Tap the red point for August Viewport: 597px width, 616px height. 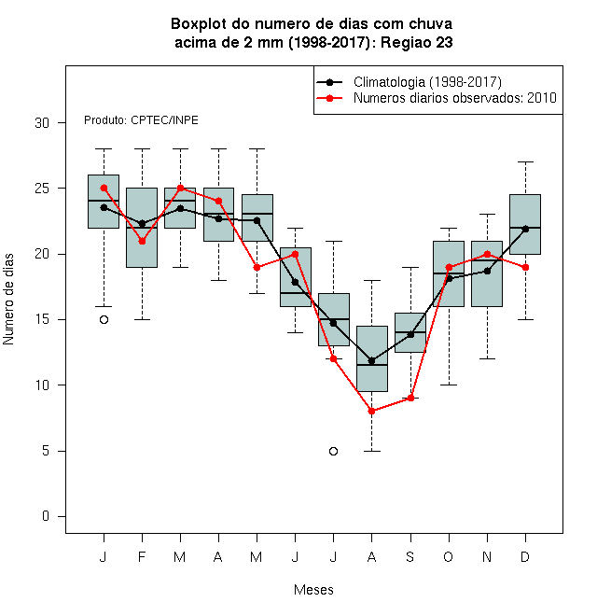[371, 412]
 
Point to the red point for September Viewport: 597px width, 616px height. [410, 398]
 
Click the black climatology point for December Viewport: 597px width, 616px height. [525, 229]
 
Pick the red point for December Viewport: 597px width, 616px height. [525, 268]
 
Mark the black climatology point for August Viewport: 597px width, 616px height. [371, 360]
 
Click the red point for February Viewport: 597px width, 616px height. [142, 241]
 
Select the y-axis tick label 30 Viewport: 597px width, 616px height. [42, 123]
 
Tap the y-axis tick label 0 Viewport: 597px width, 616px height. [46, 516]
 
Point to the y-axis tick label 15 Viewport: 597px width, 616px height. [42, 319]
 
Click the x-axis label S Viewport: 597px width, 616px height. [410, 556]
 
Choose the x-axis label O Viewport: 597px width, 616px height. [448, 556]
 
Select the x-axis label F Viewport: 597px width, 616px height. [142, 556]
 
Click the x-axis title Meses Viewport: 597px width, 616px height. [313, 590]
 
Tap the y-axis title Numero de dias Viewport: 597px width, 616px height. [8, 300]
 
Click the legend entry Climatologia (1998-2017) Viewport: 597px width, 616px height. [427, 82]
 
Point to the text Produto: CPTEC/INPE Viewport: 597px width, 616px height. [141, 120]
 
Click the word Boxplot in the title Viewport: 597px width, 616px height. [199, 24]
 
